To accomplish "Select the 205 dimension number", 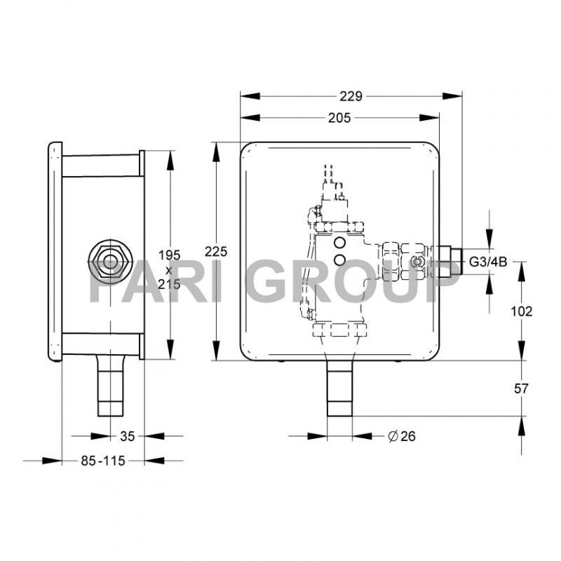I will click(x=339, y=119).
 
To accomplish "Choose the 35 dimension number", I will click(x=127, y=436).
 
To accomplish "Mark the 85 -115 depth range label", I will click(x=102, y=461).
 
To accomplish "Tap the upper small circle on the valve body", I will click(x=340, y=243).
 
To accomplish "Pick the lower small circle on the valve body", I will click(x=340, y=260).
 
